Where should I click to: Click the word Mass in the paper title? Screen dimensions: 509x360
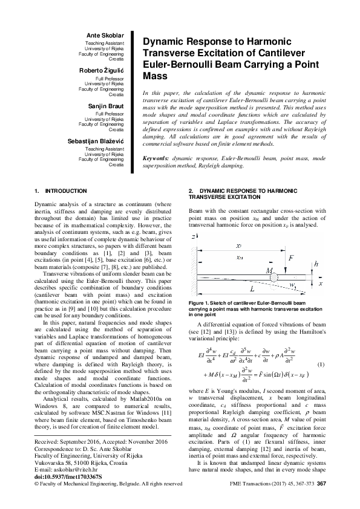pos(154,77)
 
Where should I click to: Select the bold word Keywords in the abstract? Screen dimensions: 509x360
pos(156,158)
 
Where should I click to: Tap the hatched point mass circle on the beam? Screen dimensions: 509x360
pos(274,277)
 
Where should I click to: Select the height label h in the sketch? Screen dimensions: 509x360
pos(316,264)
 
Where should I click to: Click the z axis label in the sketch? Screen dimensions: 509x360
pos(194,236)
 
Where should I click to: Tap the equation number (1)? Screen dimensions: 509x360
pos(321,365)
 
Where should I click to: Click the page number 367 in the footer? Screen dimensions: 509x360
pos(321,484)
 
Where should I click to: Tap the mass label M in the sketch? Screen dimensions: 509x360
pos(268,270)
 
